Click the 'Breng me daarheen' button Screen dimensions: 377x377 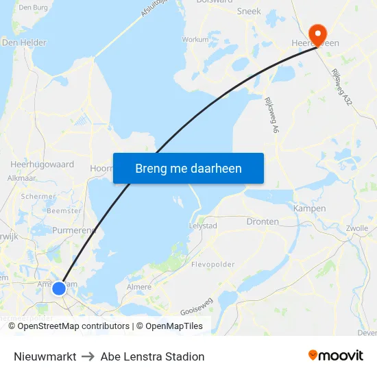[188, 168]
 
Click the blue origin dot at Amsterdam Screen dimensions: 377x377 [60, 289]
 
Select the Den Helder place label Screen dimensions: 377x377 [24, 42]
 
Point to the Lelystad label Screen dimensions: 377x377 [203, 226]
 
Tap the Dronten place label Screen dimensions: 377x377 [263, 221]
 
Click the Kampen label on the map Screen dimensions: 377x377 [309, 208]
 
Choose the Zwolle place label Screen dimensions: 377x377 [357, 228]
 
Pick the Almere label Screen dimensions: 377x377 [138, 287]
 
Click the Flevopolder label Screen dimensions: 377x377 [213, 264]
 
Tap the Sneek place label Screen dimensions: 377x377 [249, 12]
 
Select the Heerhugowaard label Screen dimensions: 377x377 [42, 165]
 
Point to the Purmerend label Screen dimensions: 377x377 [73, 230]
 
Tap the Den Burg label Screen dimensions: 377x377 [32, 8]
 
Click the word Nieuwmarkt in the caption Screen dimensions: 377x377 [45, 356]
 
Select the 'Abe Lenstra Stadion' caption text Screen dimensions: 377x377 [152, 356]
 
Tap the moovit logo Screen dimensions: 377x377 [335, 355]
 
